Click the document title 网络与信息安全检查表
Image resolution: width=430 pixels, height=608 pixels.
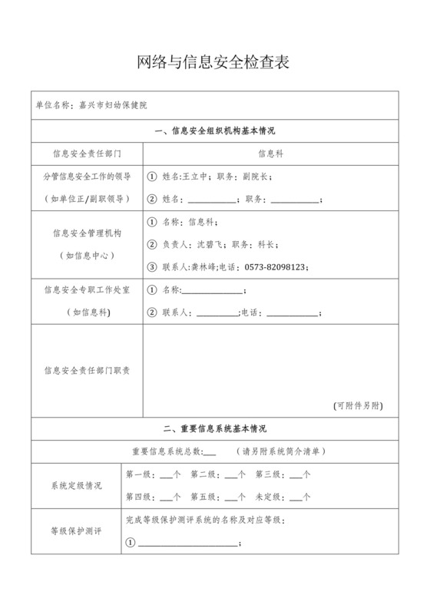tap(213, 63)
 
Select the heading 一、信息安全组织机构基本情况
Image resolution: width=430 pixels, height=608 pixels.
tap(214, 131)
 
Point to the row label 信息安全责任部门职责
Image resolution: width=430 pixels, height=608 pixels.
tap(87, 370)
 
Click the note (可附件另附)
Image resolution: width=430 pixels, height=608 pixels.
tap(358, 405)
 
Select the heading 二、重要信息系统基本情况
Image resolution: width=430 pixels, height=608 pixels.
tap(214, 428)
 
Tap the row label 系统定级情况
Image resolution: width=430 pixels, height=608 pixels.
tap(76, 485)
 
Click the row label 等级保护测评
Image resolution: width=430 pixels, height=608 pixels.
tap(76, 530)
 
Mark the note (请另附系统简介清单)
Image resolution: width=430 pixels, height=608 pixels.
tap(281, 451)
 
